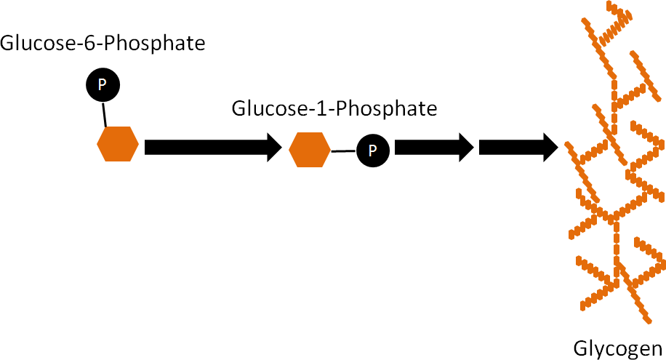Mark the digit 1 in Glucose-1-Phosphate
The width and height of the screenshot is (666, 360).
click(314, 109)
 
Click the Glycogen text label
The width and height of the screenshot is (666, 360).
click(619, 347)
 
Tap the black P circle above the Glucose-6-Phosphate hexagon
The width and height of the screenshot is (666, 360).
click(103, 86)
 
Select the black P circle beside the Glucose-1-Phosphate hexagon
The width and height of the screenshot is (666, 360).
click(372, 150)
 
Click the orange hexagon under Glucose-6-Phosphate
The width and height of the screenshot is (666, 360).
click(118, 144)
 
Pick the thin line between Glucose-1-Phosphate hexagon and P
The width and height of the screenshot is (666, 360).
click(343, 151)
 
